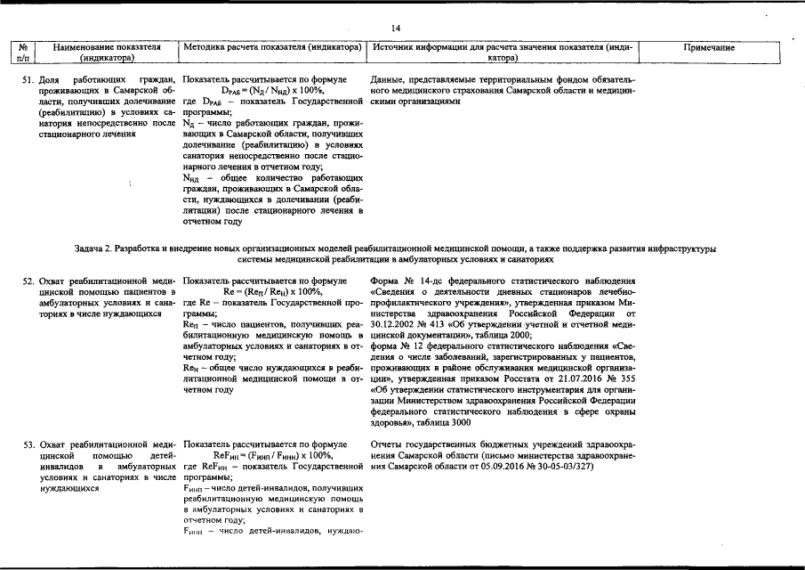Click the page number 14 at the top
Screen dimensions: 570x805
(x=402, y=28)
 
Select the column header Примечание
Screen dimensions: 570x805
(x=708, y=47)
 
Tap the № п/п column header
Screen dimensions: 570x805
(x=25, y=53)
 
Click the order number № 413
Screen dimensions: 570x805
(x=439, y=323)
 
